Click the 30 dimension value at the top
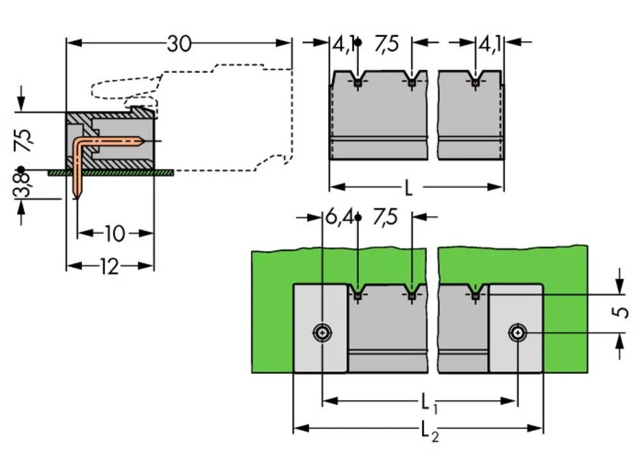pyautogui.click(x=179, y=44)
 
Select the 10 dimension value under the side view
pyautogui.click(x=114, y=234)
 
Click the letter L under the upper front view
pyautogui.click(x=408, y=187)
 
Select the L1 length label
pyautogui.click(x=428, y=403)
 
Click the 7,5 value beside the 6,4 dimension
pyautogui.click(x=385, y=218)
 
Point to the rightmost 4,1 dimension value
pyautogui.click(x=489, y=44)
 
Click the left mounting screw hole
pyautogui.click(x=322, y=332)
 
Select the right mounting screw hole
pyautogui.click(x=516, y=332)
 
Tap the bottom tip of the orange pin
pyautogui.click(x=76, y=196)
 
